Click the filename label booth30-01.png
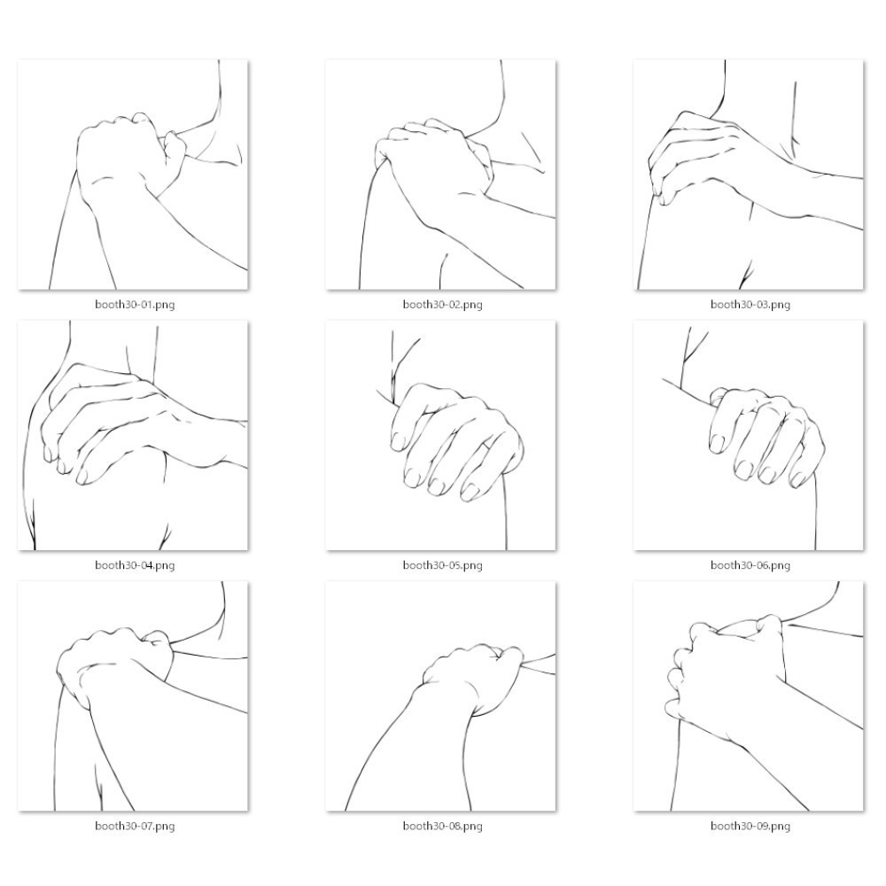click(135, 305)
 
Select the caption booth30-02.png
click(442, 305)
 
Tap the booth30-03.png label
click(750, 305)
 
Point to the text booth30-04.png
click(135, 565)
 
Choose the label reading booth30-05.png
click(442, 565)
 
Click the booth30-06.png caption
click(750, 565)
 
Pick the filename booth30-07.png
click(135, 826)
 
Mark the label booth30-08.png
click(442, 826)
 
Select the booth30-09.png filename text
click(750, 826)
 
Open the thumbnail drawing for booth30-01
click(133, 175)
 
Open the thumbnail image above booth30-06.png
click(749, 435)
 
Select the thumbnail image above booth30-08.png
click(440, 696)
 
